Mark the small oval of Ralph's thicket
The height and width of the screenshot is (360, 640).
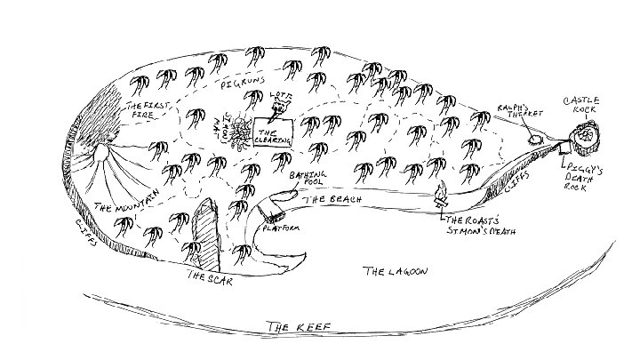(x=535, y=139)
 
